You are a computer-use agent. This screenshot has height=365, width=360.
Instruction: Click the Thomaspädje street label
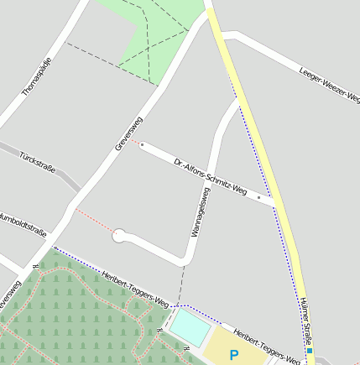click(37, 76)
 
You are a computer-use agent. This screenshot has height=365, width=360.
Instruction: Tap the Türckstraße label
click(37, 163)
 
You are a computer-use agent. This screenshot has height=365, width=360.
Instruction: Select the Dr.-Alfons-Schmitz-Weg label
click(210, 177)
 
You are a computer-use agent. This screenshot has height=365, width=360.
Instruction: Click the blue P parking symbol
click(234, 355)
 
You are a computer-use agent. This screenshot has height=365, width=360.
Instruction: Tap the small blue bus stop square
click(310, 340)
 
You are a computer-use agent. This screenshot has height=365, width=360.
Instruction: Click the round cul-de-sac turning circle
click(120, 236)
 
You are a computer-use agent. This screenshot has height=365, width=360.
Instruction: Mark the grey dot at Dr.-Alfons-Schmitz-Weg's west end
click(143, 145)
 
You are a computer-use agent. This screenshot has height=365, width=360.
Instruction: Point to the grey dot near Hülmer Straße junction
click(259, 198)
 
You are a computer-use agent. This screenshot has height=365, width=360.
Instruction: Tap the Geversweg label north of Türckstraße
click(128, 133)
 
